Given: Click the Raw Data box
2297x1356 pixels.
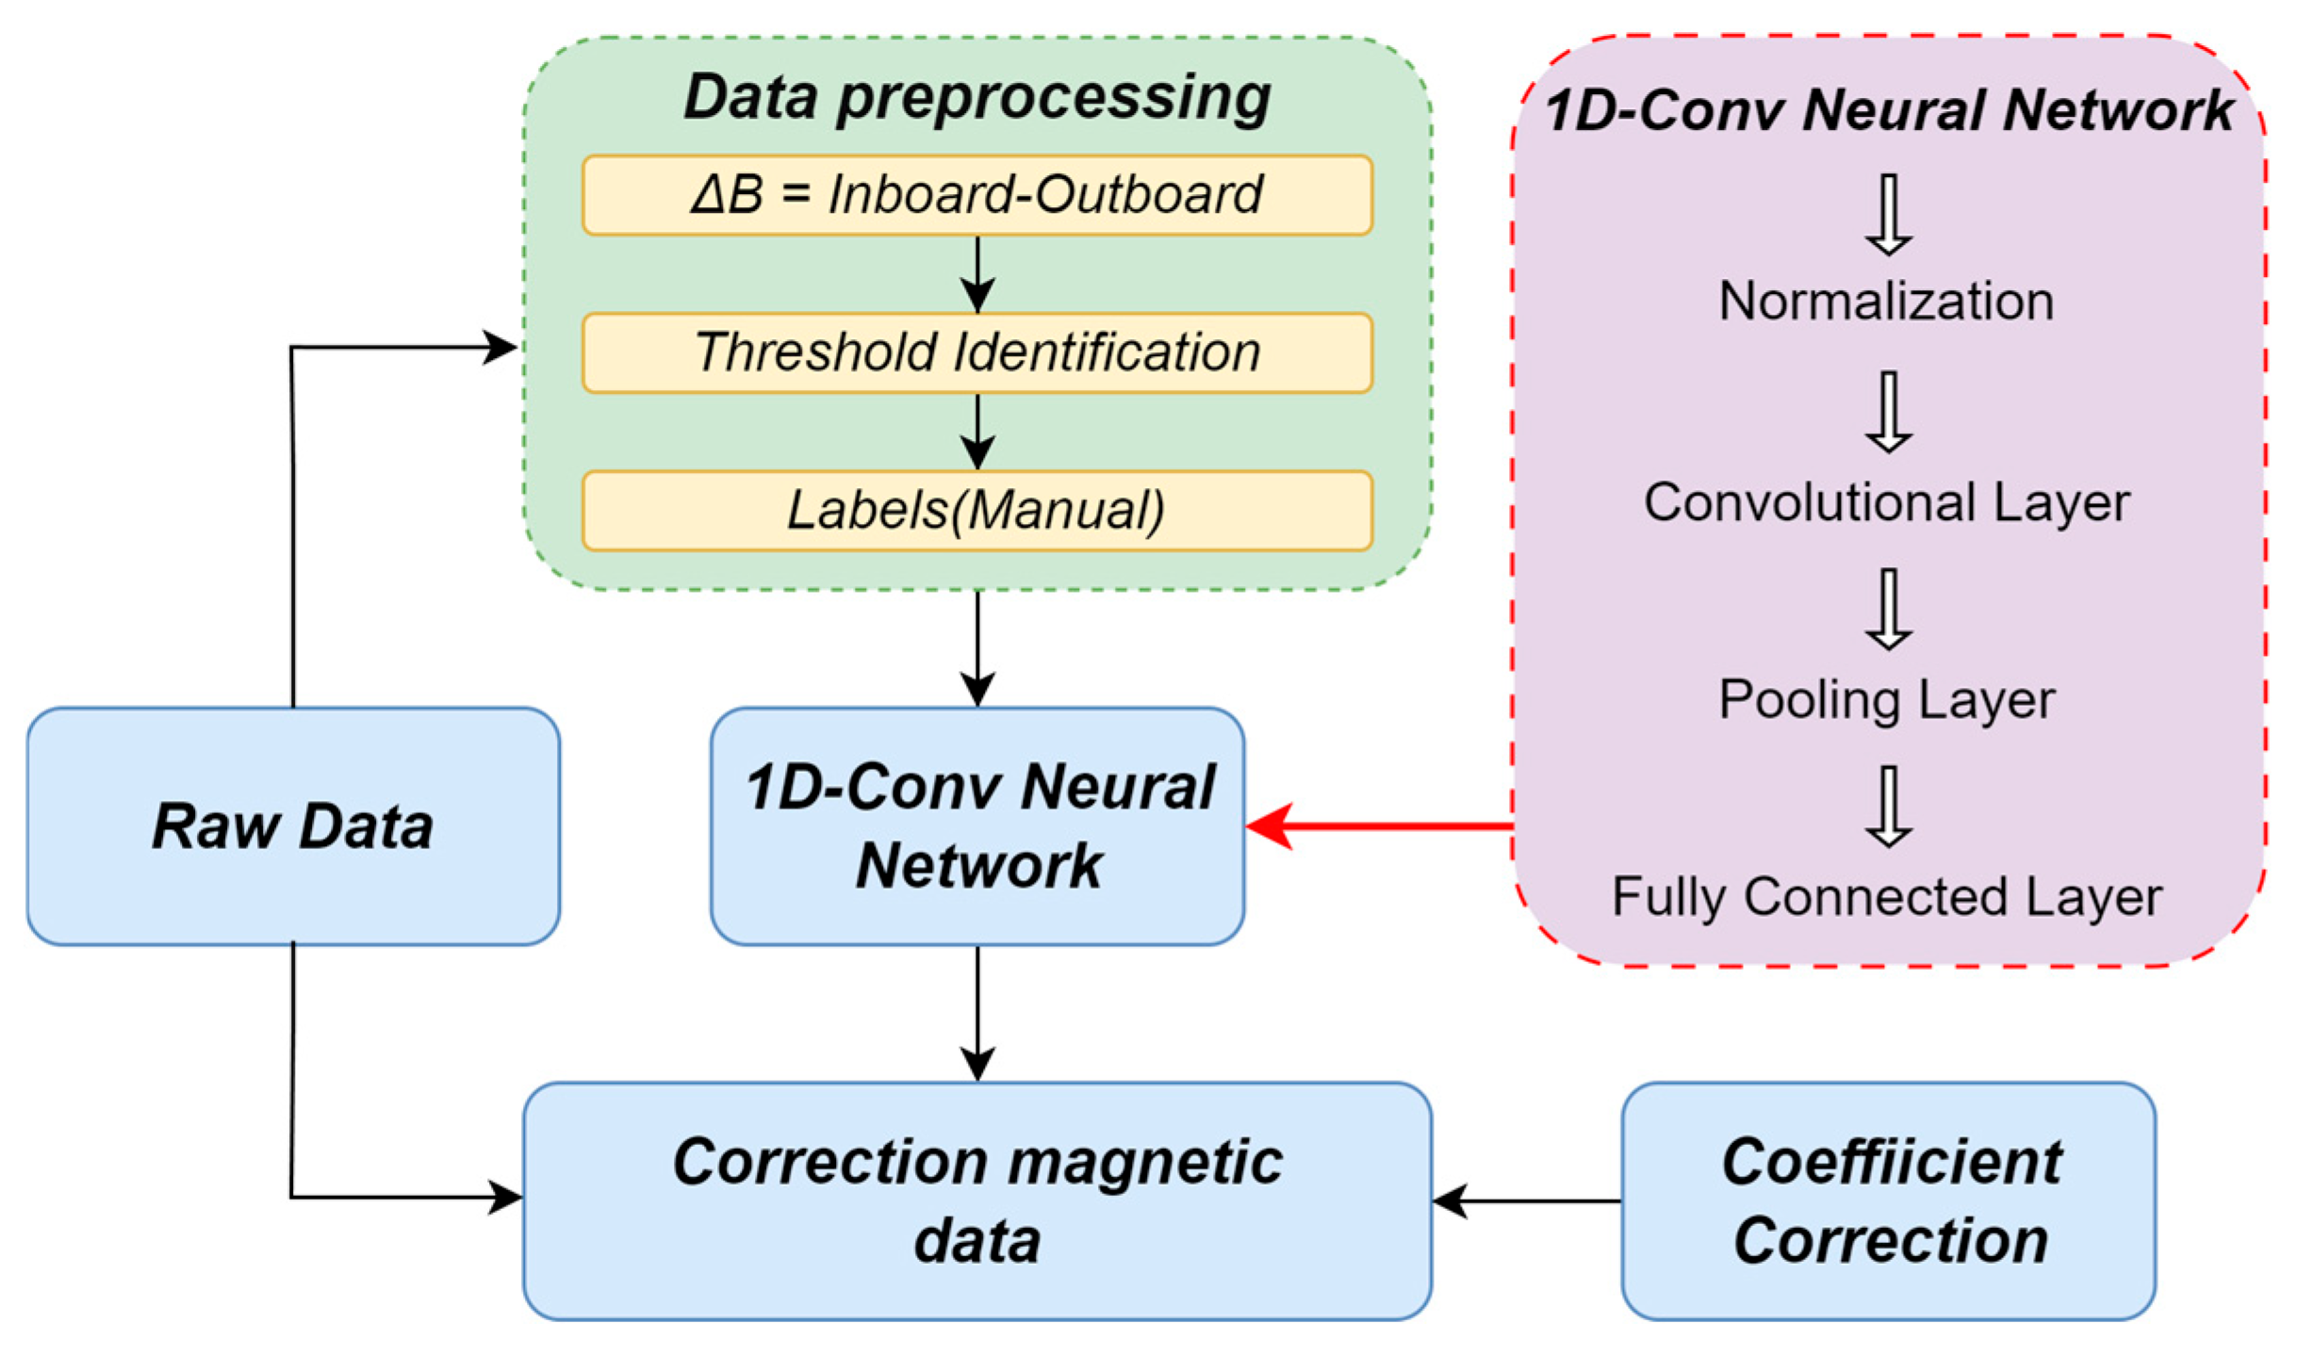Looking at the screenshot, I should [x=293, y=826].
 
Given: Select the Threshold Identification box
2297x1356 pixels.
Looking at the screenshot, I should [x=977, y=352].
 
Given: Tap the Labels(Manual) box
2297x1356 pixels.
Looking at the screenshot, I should [x=977, y=510].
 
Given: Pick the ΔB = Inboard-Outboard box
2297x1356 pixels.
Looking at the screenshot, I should [x=977, y=195].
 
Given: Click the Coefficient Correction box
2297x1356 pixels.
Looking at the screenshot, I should [x=1889, y=1201].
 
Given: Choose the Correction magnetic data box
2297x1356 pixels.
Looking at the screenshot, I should [x=977, y=1201].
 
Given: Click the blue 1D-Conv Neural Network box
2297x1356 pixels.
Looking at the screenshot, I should [x=977, y=826].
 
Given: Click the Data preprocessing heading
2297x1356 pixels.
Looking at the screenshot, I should [x=977, y=96].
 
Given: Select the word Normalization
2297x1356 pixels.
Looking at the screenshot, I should [x=1886, y=302].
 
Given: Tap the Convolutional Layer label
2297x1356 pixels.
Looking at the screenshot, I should [x=1886, y=501].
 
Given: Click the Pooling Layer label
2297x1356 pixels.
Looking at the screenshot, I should [x=1886, y=700].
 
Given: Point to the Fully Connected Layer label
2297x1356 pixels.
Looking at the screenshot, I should [x=1886, y=896].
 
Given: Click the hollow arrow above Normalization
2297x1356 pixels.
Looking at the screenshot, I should [x=1889, y=215].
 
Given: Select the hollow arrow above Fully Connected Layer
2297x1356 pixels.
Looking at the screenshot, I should [x=1889, y=807].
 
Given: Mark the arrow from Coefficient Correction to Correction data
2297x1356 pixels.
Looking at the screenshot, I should [x=1527, y=1201].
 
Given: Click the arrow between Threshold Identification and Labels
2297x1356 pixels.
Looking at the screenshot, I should [x=977, y=432].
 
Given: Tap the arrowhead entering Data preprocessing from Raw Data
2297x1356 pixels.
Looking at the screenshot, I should [x=500, y=348].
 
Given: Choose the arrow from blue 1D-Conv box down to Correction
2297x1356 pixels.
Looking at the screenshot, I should [x=977, y=1013].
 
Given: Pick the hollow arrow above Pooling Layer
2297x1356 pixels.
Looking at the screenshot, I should [x=1889, y=610].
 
